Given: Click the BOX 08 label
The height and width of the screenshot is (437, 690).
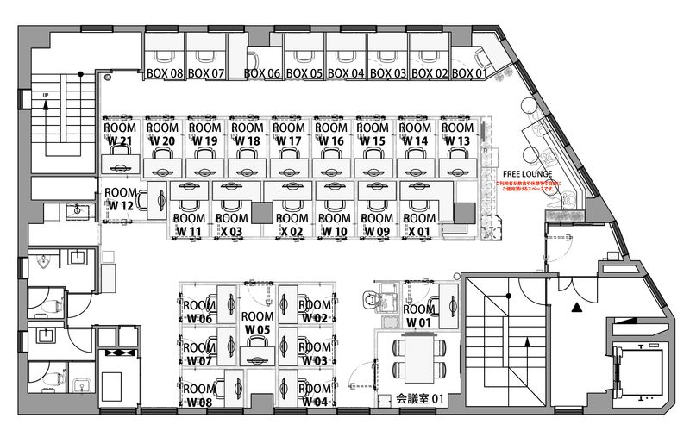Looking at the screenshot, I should tap(165, 73).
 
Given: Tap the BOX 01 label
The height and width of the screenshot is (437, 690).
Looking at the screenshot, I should tap(469, 73).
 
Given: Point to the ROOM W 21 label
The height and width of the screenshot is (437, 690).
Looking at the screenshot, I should tap(119, 134).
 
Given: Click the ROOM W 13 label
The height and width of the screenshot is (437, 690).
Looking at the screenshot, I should tap(457, 134).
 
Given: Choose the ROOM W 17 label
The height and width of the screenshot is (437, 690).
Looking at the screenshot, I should tap(288, 134).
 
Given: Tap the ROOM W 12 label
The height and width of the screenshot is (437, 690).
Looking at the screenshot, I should tap(120, 199).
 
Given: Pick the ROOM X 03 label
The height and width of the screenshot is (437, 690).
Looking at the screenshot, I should tap(230, 225).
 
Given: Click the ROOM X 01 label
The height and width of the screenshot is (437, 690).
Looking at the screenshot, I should tap(419, 225).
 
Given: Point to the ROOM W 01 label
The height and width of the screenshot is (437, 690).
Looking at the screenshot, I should tap(419, 315).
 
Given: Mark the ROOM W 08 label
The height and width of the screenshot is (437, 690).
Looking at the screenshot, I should tap(198, 396).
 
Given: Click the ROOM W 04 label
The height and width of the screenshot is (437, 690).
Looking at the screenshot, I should tap(315, 396).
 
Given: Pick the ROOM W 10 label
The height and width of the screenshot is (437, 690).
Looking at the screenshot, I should tap(335, 225).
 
